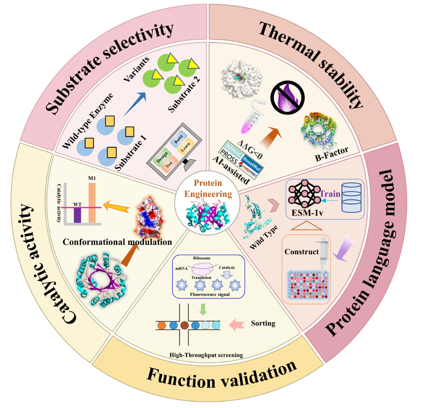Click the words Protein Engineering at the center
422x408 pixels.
(208, 189)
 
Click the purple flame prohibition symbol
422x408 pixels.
(287, 98)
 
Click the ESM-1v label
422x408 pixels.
(307, 213)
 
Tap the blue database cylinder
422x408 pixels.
(351, 197)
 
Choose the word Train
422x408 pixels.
(330, 194)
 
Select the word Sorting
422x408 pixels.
(263, 323)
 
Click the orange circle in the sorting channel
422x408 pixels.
(162, 325)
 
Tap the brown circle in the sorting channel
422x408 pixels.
(184, 325)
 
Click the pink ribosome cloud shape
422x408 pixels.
(205, 269)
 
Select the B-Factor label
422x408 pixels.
(332, 154)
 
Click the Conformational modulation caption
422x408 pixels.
(117, 242)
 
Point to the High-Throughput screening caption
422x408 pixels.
(206, 355)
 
